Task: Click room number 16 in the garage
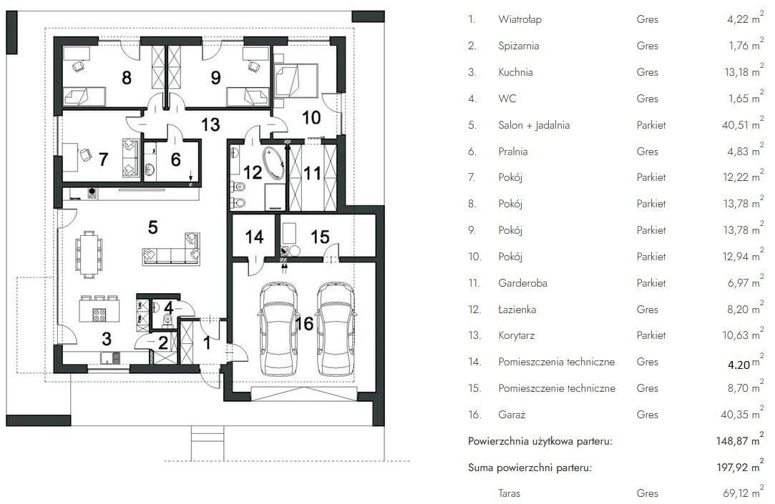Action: pyautogui.click(x=304, y=324)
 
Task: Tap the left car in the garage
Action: pyautogui.click(x=279, y=329)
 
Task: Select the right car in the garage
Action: pyautogui.click(x=336, y=329)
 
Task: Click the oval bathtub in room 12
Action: pyautogui.click(x=274, y=162)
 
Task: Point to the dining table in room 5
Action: pyautogui.click(x=89, y=255)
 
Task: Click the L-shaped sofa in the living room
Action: pyautogui.click(x=172, y=249)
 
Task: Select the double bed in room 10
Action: pyautogui.click(x=296, y=81)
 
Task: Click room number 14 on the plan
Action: pyautogui.click(x=255, y=237)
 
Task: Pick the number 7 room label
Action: pyautogui.click(x=103, y=159)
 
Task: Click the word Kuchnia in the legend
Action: pyautogui.click(x=515, y=72)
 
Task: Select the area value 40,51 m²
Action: pyautogui.click(x=742, y=124)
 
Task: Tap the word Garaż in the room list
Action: pyautogui.click(x=512, y=415)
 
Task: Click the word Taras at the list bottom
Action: pyautogui.click(x=509, y=493)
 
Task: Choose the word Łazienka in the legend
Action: pyautogui.click(x=517, y=310)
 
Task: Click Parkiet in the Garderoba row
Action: pyautogui.click(x=651, y=283)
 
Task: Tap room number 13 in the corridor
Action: pyautogui.click(x=210, y=124)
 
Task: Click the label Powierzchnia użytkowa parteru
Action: pyautogui.click(x=540, y=441)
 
